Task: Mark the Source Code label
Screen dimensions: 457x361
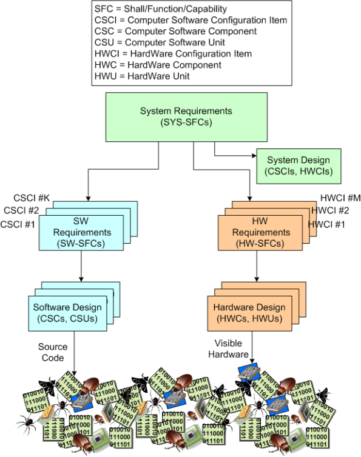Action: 52,352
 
